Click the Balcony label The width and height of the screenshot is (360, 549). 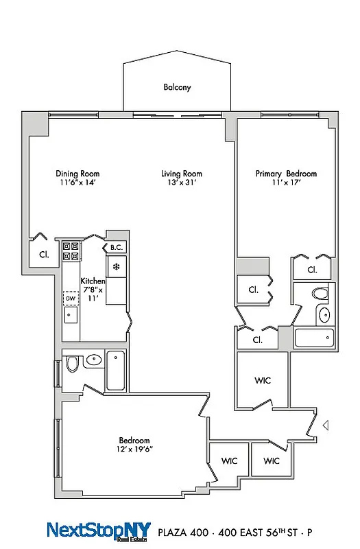tap(177, 87)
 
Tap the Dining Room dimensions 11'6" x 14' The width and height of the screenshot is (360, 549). tap(77, 183)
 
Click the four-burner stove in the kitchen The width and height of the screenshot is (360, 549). tap(71, 251)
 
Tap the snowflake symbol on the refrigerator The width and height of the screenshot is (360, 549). tap(116, 266)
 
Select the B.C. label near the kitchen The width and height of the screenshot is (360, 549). tap(116, 248)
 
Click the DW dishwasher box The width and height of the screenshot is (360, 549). tap(71, 299)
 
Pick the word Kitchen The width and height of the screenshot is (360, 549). tap(93, 281)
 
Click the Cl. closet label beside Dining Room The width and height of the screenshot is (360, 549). tap(43, 253)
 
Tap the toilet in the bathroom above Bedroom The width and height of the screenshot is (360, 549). tap(72, 363)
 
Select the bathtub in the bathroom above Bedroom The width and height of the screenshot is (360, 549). tap(116, 371)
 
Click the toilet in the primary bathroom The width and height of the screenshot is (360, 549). tap(320, 294)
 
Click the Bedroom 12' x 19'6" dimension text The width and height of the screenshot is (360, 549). tap(134, 449)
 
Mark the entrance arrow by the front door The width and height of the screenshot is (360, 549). tap(326, 425)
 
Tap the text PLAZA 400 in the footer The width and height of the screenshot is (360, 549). tap(181, 532)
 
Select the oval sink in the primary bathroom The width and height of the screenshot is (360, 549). tap(324, 315)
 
